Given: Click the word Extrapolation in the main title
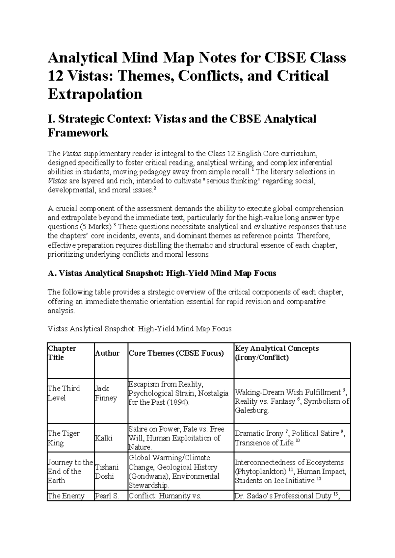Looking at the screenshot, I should click(x=95, y=94).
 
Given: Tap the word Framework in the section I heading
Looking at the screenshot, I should click(x=78, y=133).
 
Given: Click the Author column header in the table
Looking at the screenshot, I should click(x=107, y=353).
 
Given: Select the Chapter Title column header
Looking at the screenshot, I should click(x=62, y=353).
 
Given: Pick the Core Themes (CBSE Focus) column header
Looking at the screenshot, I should click(x=176, y=353).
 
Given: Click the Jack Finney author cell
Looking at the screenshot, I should click(x=106, y=393).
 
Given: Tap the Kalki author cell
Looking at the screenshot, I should click(x=103, y=438).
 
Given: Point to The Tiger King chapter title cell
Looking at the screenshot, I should click(x=64, y=438).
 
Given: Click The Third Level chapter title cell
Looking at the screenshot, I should click(x=64, y=393).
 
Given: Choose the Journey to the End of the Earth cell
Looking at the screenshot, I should click(x=70, y=471).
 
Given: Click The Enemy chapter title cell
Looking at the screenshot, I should click(x=66, y=496).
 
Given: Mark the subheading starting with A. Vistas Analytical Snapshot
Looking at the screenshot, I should click(x=162, y=273).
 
